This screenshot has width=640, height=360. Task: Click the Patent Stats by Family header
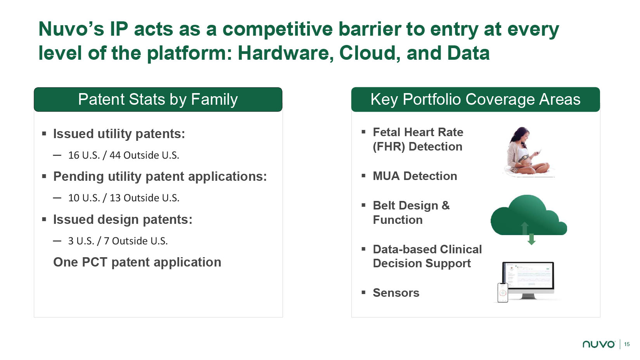(158, 99)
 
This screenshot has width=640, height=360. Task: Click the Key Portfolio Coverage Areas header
(476, 99)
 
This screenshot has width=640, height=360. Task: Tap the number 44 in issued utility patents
(115, 155)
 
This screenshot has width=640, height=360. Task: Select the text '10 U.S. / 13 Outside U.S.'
(124, 198)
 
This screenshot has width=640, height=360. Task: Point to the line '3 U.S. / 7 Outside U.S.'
(118, 241)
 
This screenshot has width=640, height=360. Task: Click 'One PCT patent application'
(137, 262)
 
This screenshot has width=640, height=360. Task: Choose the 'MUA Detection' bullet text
(415, 176)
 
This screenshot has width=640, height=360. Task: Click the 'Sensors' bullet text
(396, 293)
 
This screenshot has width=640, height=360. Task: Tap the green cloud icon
(529, 215)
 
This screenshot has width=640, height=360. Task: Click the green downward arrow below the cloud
(531, 239)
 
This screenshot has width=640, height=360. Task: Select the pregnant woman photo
(529, 151)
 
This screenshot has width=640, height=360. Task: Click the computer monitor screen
(528, 277)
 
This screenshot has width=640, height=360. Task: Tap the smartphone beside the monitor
(503, 292)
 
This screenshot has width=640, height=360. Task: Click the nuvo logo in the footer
(599, 344)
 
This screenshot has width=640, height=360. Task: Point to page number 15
(627, 344)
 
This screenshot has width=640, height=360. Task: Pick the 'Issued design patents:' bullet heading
(123, 220)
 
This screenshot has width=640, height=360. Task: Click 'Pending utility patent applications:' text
(160, 177)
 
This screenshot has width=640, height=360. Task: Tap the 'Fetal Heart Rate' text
(418, 132)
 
